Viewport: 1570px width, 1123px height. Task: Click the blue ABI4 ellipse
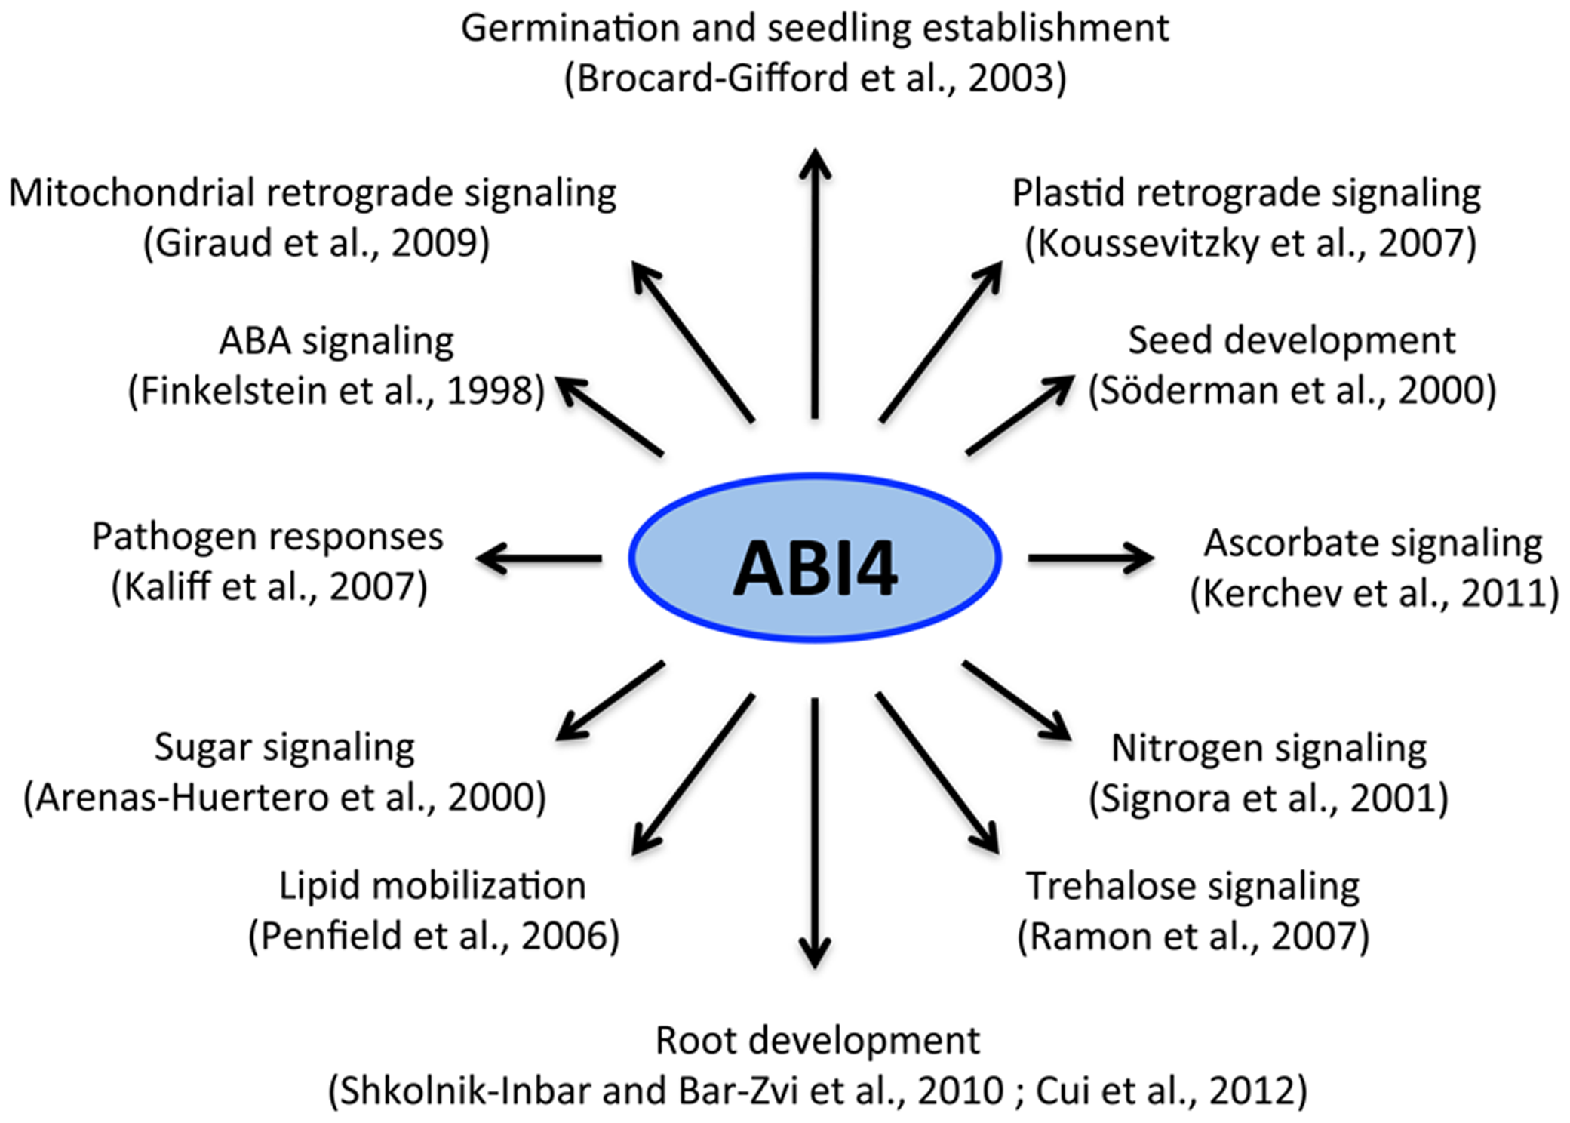(815, 558)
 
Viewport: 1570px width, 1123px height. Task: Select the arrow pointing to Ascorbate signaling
(1090, 558)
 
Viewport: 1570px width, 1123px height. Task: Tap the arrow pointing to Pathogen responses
(539, 559)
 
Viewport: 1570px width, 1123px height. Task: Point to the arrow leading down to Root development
(815, 830)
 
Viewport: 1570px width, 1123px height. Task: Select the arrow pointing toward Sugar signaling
(611, 700)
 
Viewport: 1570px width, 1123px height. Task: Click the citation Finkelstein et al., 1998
(336, 391)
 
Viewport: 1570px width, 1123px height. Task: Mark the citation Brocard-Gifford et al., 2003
(815, 78)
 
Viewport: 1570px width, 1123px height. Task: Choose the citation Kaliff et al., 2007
(269, 586)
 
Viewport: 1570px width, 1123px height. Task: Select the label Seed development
(1291, 340)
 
